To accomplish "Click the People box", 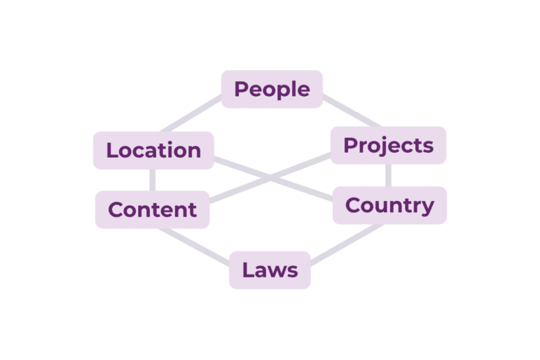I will tap(272, 89).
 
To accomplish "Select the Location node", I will tap(153, 150).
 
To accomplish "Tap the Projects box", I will tap(388, 145).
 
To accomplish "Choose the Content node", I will tap(153, 209).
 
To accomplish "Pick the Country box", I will tap(389, 205).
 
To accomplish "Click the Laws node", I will tap(270, 270).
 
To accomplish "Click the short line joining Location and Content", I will tap(152, 180).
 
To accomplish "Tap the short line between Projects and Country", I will tap(388, 175).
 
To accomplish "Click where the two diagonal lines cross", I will tap(270, 179).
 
